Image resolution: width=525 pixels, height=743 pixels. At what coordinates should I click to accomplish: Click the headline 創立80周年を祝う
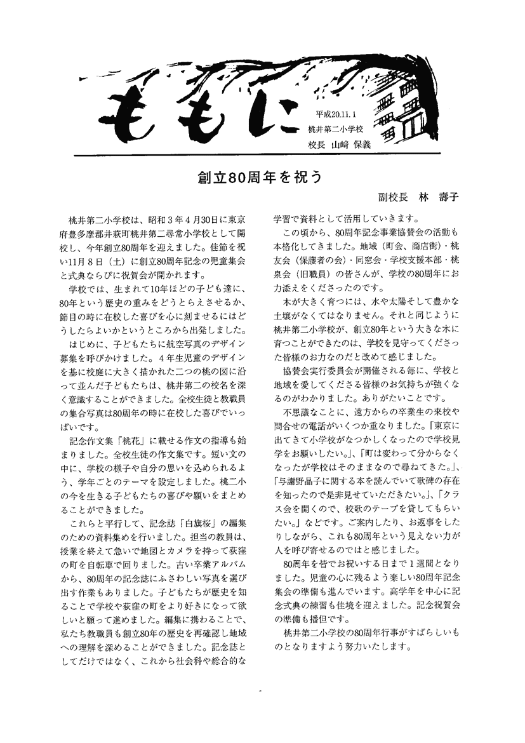(x=262, y=177)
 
